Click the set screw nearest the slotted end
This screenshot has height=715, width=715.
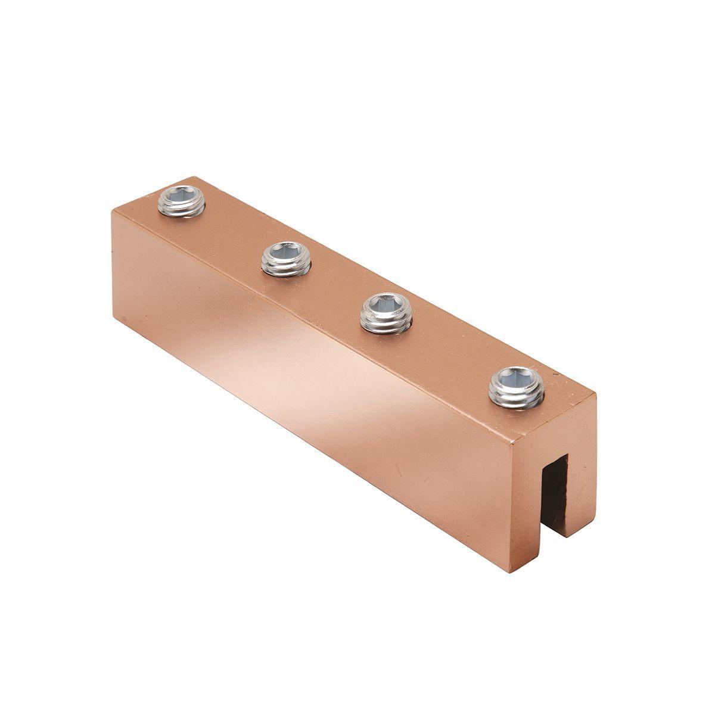point(517,387)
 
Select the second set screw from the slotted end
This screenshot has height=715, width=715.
point(386,313)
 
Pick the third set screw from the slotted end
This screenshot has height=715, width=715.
point(286,259)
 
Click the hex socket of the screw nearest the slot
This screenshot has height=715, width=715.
point(517,378)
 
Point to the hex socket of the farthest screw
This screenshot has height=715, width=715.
point(182,194)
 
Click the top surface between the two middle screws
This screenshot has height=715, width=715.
point(337,286)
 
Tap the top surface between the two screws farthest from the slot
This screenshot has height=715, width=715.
point(234,231)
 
